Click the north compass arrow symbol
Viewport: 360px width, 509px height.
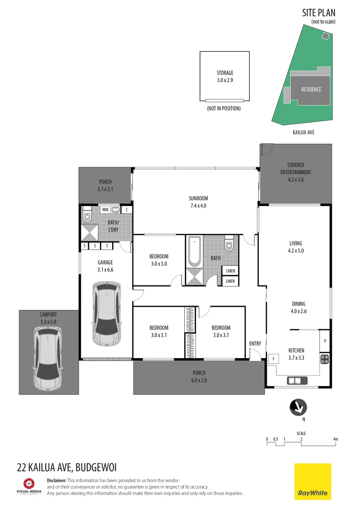coord(298,406)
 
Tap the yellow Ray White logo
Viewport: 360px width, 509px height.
coord(313,481)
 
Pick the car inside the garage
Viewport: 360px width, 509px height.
coord(106,313)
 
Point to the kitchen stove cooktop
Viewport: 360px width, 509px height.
coord(325,359)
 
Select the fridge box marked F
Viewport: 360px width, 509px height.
coord(273,359)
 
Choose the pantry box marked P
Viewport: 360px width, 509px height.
coord(324,341)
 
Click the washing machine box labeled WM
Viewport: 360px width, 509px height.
coord(105,209)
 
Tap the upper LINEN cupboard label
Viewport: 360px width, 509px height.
coord(230,271)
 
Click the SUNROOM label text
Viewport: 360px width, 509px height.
coord(198,198)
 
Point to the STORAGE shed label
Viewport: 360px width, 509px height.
coord(225,73)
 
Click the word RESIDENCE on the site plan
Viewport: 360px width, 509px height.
coord(311,89)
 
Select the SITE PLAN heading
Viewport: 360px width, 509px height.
coord(319,13)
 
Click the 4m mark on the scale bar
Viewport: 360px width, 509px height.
coord(335,439)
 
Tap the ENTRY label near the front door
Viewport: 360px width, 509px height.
coord(255,344)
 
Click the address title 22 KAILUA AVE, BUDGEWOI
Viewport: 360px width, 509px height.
coord(66,468)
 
